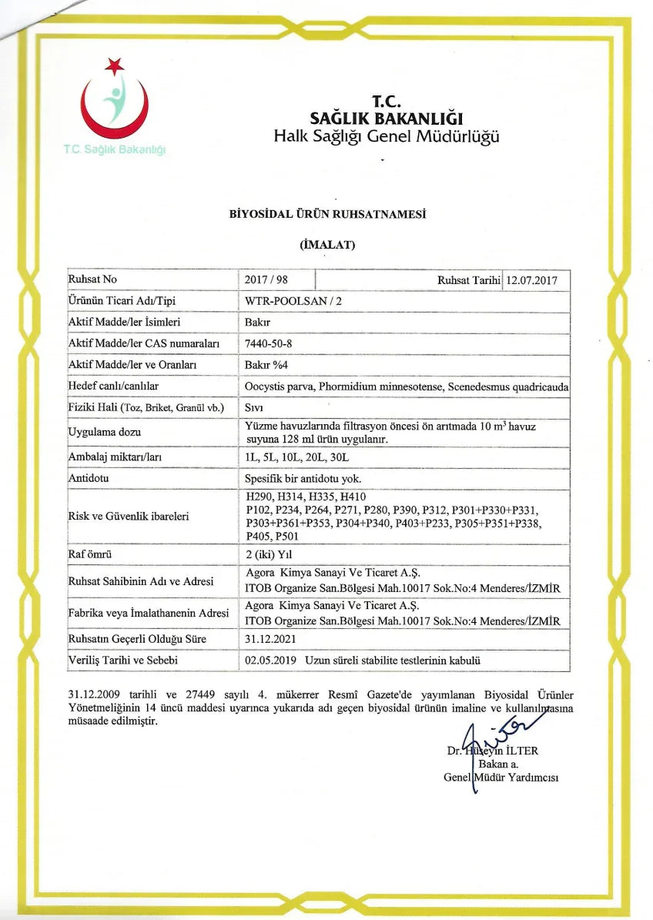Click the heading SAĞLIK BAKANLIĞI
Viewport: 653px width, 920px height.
point(386,119)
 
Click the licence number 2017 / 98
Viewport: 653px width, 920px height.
point(266,279)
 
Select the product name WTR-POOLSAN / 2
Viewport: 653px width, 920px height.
point(288,300)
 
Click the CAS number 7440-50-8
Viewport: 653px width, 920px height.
point(268,343)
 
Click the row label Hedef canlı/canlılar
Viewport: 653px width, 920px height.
point(113,385)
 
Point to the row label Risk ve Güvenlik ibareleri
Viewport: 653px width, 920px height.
point(129,516)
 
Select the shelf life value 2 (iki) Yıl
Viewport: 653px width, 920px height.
point(270,554)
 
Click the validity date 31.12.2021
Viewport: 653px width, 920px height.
point(270,639)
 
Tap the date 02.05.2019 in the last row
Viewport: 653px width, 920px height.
point(270,661)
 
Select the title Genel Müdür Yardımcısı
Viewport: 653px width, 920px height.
point(501,777)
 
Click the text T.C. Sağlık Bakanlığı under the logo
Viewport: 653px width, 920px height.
point(115,149)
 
